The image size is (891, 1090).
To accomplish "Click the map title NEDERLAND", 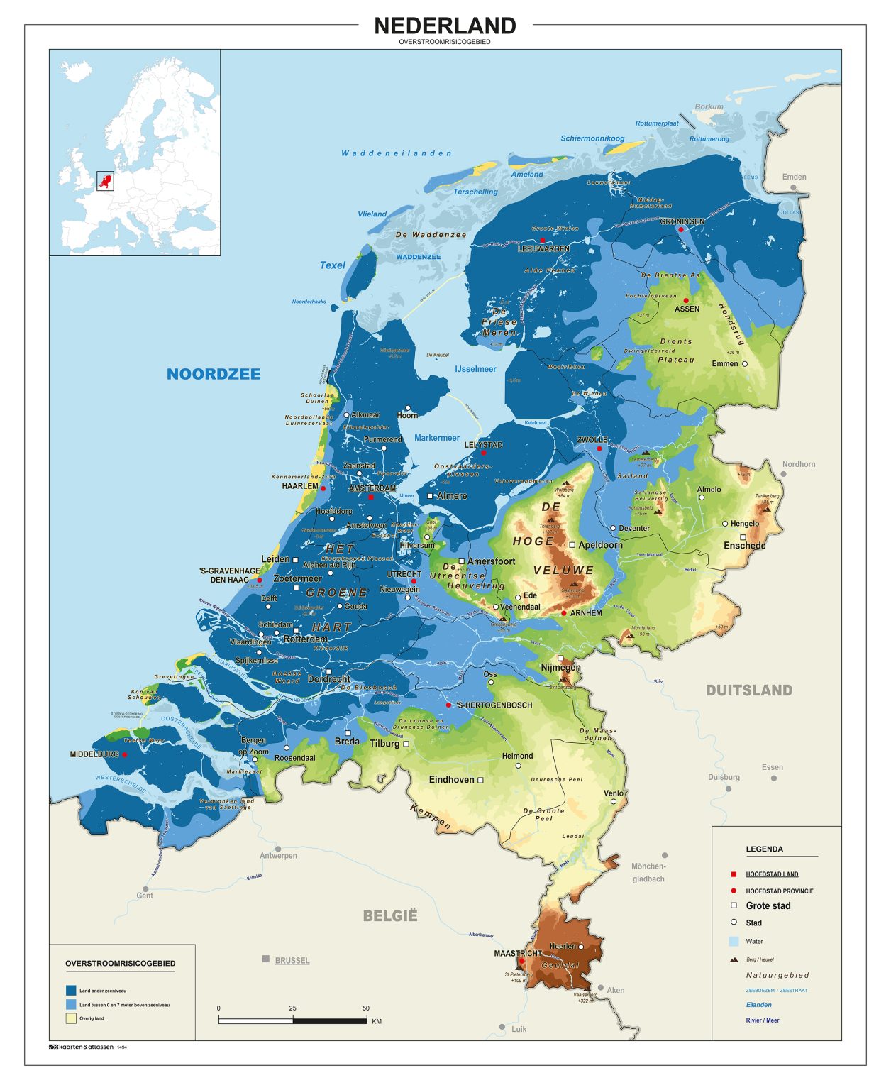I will [445, 26].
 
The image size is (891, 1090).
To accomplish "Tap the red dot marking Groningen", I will [680, 230].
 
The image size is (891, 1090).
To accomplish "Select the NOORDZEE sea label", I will [214, 374].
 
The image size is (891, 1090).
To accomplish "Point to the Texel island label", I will [332, 265].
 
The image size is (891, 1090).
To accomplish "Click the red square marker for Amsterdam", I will [370, 497].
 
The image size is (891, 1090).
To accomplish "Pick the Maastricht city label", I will [517, 953].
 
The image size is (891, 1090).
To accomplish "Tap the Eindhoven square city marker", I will [480, 780].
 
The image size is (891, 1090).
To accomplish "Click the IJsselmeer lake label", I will [475, 369].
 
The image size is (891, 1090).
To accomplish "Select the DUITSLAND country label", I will [748, 690].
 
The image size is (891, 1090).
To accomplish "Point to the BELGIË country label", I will [390, 915].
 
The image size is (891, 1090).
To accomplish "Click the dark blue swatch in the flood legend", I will [71, 990].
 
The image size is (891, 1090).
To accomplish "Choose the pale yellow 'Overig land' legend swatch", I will [71, 1018].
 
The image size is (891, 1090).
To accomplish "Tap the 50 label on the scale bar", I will [366, 1008].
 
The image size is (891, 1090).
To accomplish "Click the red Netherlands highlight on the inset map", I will [105, 181].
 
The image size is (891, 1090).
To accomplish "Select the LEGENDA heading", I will [764, 849].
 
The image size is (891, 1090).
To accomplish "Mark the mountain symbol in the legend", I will [734, 959].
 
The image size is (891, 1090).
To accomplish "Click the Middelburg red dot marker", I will [125, 754].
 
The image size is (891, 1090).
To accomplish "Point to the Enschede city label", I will [744, 546].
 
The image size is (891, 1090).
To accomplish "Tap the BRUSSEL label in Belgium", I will [292, 960].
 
